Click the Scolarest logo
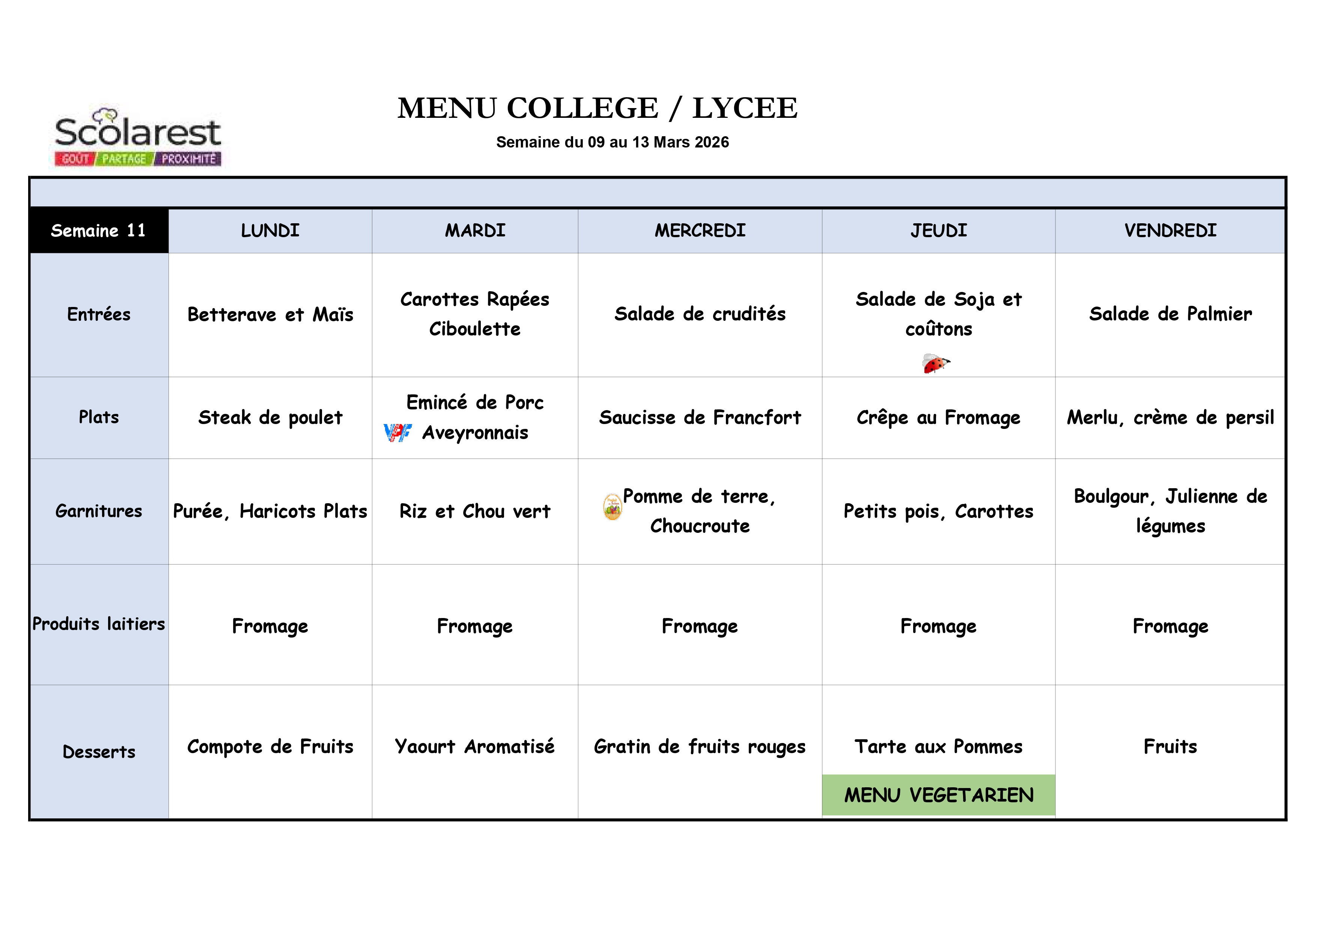tap(138, 137)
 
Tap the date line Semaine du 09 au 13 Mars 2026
tap(612, 142)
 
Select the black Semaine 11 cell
tap(99, 231)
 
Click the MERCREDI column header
tap(700, 231)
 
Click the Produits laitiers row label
tap(99, 624)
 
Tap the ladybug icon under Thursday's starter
tap(936, 363)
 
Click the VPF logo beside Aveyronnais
tap(397, 433)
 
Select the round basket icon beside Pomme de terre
tap(612, 507)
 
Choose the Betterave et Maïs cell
tap(270, 314)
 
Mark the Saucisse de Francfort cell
tap(700, 418)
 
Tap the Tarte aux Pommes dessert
tap(938, 746)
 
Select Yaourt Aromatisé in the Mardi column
tap(474, 746)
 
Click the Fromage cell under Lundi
tap(270, 626)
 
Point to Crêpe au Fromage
tap(938, 418)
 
